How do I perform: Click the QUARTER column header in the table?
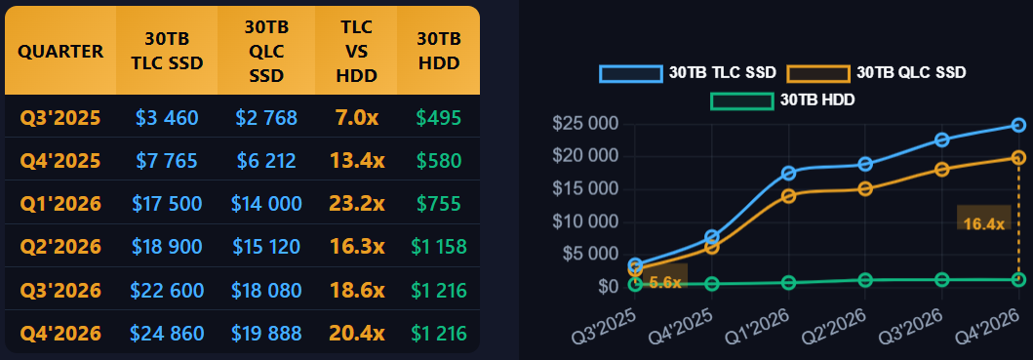point(60,52)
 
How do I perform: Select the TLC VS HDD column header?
point(356,52)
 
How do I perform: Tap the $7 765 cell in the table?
point(167,160)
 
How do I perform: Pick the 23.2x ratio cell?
point(356,204)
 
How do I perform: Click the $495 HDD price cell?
point(439,118)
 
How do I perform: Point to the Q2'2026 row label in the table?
point(60,247)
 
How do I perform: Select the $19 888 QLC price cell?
point(266,334)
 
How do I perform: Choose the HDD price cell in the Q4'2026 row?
point(439,334)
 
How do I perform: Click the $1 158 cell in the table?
point(439,247)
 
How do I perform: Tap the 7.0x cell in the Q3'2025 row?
point(356,118)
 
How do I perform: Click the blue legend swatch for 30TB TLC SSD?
point(630,73)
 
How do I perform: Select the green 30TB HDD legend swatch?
point(741,101)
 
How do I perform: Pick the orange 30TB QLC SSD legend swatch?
point(818,73)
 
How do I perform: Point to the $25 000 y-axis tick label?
point(585,123)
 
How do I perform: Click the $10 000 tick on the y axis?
point(585,221)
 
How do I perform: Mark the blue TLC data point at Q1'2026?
point(788,173)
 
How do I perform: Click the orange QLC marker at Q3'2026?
point(942,170)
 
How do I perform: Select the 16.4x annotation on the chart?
point(983,224)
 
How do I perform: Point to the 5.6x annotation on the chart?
point(664,282)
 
